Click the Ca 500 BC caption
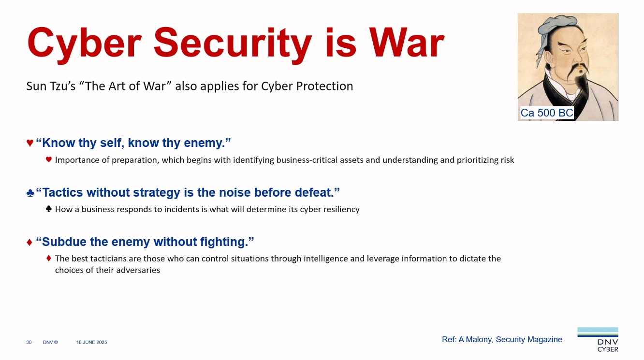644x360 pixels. (x=546, y=113)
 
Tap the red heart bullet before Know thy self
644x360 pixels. (x=30, y=143)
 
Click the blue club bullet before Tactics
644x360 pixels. (x=30, y=193)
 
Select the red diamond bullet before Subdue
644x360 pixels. (x=30, y=242)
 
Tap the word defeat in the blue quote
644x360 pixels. (x=315, y=193)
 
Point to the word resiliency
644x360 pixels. (x=340, y=210)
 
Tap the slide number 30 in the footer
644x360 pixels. (x=29, y=342)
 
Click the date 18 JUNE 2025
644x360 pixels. (x=91, y=342)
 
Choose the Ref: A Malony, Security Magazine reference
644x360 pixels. (x=502, y=340)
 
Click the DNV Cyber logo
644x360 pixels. (x=598, y=340)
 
